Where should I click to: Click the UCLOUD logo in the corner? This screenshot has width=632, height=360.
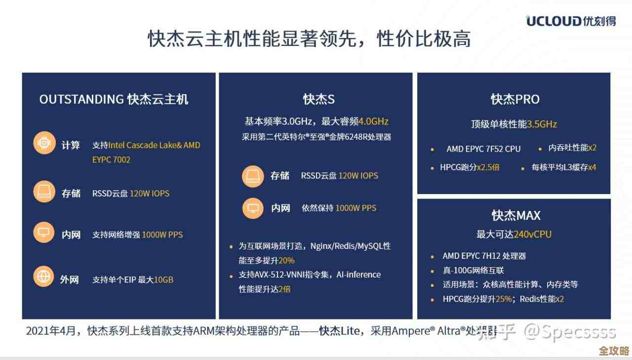[x=570, y=21]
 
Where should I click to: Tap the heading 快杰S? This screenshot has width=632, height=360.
[x=319, y=99]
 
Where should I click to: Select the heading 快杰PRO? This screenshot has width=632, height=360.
[x=514, y=99]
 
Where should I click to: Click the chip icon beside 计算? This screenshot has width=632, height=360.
[x=44, y=144]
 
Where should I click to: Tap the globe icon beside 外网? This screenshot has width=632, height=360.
[x=44, y=276]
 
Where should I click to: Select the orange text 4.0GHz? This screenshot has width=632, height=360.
[x=373, y=121]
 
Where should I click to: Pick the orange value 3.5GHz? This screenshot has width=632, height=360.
[x=542, y=124]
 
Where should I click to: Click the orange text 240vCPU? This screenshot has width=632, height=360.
[x=533, y=234]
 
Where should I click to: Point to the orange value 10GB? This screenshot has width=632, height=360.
[x=163, y=280]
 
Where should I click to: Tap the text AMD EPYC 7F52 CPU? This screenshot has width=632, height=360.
[x=483, y=149]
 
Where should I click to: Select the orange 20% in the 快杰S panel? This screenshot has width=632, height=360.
[x=286, y=260]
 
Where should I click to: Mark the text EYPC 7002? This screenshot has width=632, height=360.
[x=111, y=160]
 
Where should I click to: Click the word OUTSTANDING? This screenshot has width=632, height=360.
[x=81, y=99]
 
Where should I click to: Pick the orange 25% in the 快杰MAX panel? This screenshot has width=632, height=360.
[x=503, y=299]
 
